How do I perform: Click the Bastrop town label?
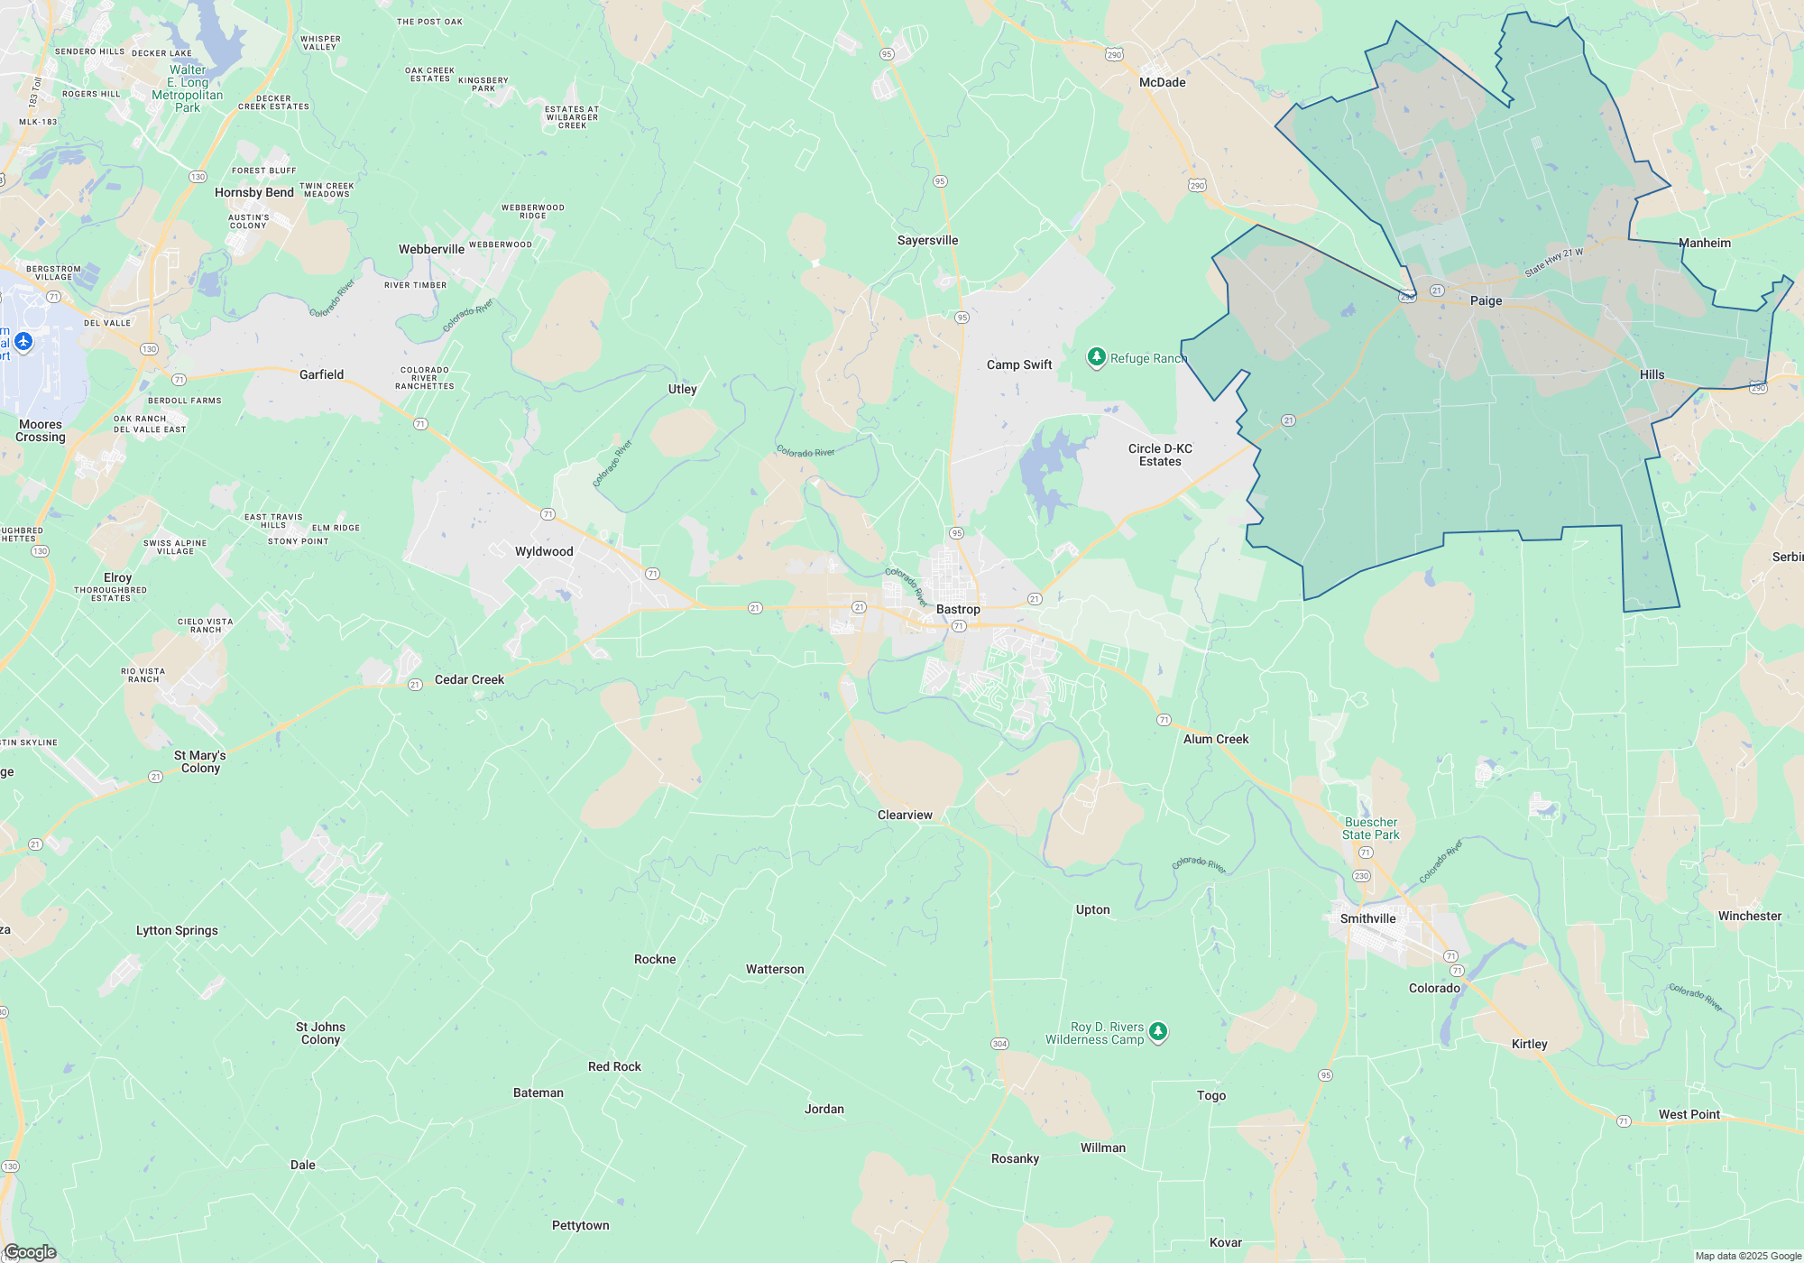tap(958, 609)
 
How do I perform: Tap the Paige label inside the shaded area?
tap(1486, 300)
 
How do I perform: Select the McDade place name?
tap(1162, 82)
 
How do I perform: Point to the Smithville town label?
tap(1367, 918)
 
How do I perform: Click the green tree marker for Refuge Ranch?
tap(1096, 357)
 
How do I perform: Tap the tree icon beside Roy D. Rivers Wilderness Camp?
tap(1158, 1031)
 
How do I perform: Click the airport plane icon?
tap(23, 342)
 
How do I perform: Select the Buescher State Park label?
tap(1370, 828)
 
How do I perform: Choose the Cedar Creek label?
tap(469, 679)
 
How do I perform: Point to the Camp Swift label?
tap(1019, 364)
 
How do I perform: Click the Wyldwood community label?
tap(544, 551)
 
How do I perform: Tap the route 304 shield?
tap(999, 1044)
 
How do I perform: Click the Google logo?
tap(30, 1251)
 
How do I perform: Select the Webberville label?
tap(431, 249)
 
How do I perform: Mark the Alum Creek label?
tap(1216, 739)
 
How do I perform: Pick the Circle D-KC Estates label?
tap(1160, 455)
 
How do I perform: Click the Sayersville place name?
tap(927, 240)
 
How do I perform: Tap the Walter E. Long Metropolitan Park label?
tap(188, 88)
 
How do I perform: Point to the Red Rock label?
tap(614, 1066)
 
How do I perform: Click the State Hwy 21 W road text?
tap(1553, 263)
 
